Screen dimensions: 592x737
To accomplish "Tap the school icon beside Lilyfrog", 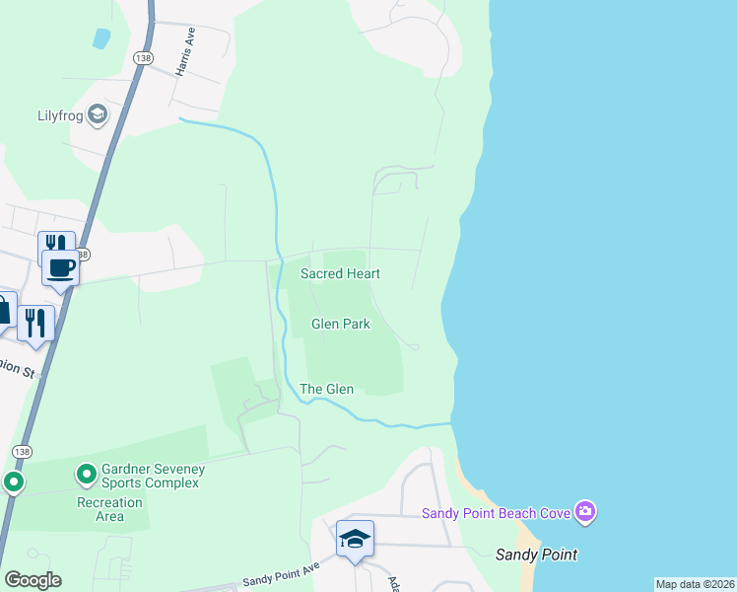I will point(98,116).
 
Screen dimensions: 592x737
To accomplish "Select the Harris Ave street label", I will point(183,52).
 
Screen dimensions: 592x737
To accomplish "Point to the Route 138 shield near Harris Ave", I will point(144,59).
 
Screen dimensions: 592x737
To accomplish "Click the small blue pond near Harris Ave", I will point(100,38).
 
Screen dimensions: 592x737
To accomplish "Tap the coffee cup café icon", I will point(61,267).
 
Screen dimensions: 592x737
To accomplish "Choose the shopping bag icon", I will point(3,311).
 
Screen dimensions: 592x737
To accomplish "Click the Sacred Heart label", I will point(340,273).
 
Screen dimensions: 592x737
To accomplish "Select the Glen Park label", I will point(341,324).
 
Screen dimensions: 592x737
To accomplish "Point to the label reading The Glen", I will point(326,390).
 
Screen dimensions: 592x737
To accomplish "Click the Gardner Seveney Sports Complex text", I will point(150,476).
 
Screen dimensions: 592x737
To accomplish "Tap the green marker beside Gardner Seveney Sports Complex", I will point(87,476).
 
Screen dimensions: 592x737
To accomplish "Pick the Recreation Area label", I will point(110,509).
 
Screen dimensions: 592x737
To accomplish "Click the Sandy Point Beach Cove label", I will point(497,512).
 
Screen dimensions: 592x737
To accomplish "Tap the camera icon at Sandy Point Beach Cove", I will point(585,511).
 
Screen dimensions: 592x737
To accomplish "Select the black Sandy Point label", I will point(536,555).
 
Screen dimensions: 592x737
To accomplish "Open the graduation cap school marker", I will point(355,539).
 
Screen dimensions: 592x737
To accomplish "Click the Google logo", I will point(33,580).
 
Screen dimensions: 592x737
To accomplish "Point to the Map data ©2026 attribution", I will point(695,584).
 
